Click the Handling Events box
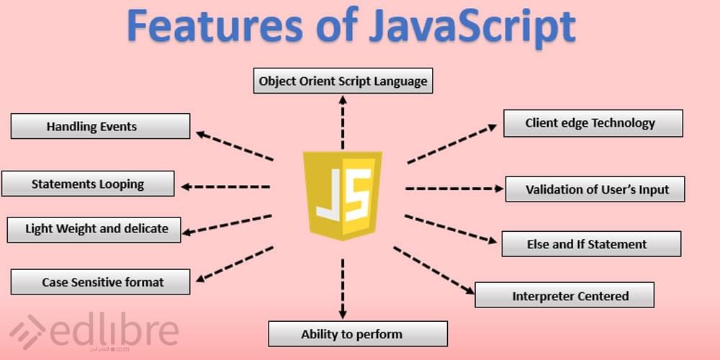pos(100,126)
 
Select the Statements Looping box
pos(88,184)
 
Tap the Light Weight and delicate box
pos(94,230)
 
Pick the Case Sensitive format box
pos(100,282)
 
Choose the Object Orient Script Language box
pos(343,81)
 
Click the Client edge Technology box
pos(593,123)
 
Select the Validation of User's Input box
pos(595,189)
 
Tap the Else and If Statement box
pos(591,244)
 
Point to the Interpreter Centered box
pos(564,294)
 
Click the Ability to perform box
pos(358,334)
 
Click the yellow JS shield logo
pos(342,196)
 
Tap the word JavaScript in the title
pos(472,27)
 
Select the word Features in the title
pos(215,25)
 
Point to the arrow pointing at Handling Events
pos(235,146)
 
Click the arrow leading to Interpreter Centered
pos(434,271)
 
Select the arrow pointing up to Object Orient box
pos(343,122)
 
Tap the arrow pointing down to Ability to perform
pos(343,289)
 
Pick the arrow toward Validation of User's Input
pos(454,188)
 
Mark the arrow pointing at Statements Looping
pos(225,187)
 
